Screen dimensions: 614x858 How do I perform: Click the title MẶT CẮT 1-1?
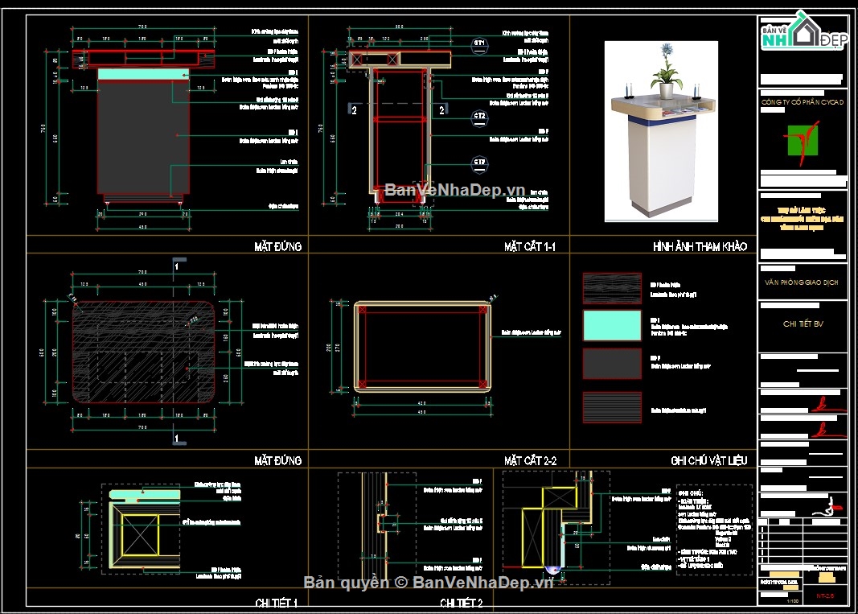[529, 246]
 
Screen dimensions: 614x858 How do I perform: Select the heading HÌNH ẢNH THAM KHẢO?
[700, 246]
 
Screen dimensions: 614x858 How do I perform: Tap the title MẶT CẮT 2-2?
[529, 460]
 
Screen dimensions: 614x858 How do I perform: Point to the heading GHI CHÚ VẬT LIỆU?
[708, 460]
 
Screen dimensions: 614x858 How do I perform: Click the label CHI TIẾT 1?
[277, 602]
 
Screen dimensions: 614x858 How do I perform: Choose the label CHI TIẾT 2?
[461, 602]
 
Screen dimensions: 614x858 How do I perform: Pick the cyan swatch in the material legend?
[612, 324]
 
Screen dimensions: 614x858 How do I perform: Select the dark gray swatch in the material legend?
[612, 364]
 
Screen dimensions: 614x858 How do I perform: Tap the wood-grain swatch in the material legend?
[612, 287]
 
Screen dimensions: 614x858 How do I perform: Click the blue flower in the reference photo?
[666, 49]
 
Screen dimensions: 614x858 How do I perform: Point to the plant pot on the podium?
[667, 89]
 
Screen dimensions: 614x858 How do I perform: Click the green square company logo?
[802, 141]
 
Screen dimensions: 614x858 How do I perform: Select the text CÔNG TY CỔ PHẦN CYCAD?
[802, 102]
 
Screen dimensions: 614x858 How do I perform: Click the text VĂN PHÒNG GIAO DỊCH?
[802, 282]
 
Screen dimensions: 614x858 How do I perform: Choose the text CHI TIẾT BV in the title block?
[802, 324]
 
